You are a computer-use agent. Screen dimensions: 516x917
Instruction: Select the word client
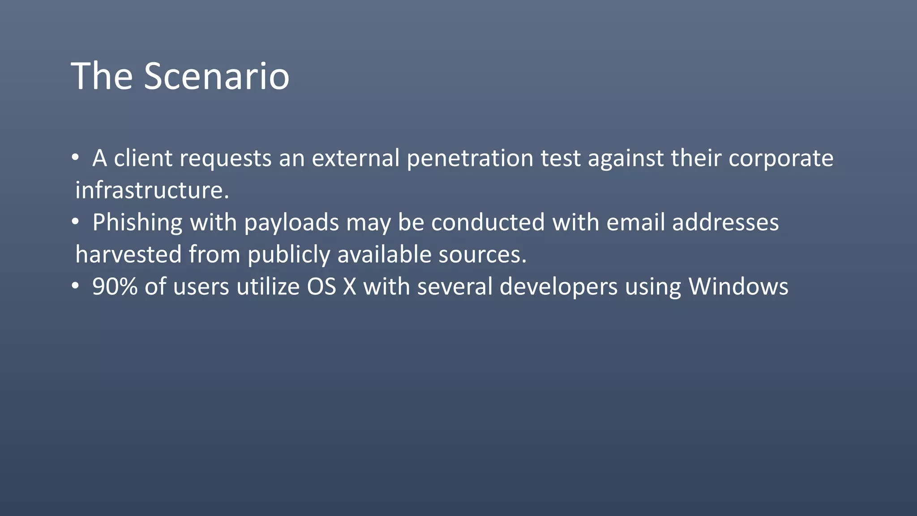[143, 158]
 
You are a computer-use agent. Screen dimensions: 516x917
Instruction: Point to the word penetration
[470, 158]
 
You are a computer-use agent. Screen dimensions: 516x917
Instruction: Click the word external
[356, 158]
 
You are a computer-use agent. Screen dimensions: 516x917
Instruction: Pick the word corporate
[781, 158]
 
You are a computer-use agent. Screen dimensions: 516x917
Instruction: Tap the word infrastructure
[152, 190]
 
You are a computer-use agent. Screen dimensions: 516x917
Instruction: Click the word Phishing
[137, 223]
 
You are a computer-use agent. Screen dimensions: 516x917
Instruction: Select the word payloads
[291, 223]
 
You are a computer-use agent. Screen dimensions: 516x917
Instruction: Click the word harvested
[128, 254]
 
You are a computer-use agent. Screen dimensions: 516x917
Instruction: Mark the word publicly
[288, 254]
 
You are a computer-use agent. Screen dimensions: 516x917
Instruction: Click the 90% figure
[115, 287]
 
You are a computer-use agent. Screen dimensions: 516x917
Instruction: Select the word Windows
[738, 287]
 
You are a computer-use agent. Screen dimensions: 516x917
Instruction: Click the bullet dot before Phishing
[76, 222]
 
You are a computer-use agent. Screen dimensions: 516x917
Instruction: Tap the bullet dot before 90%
[76, 286]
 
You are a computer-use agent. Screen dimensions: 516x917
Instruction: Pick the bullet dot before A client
[76, 157]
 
